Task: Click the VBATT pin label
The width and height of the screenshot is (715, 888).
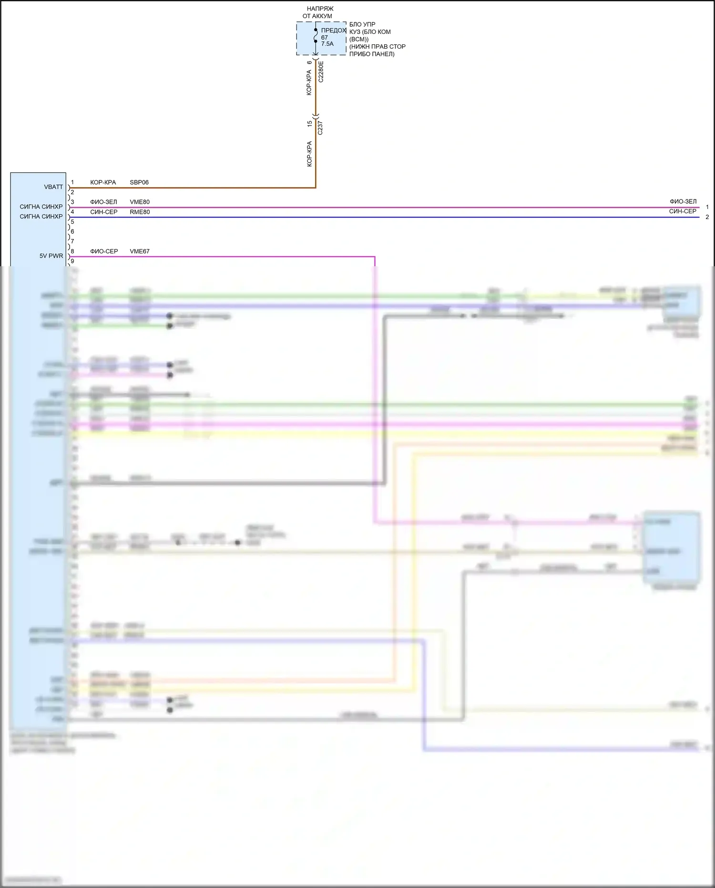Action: [53, 187]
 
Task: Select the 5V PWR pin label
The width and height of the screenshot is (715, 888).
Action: [51, 256]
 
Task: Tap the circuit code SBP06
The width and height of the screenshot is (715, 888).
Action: [139, 182]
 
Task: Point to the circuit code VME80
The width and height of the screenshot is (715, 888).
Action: [140, 202]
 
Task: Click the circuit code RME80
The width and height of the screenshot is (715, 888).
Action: [140, 212]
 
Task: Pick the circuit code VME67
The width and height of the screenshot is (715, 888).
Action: [140, 251]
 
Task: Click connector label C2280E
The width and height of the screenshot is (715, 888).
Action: [321, 72]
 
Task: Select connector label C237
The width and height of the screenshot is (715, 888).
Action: [320, 128]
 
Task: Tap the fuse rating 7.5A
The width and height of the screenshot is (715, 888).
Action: [327, 44]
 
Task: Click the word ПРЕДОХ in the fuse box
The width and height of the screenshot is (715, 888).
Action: [334, 30]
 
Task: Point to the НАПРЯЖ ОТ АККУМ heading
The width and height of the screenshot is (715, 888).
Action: [319, 12]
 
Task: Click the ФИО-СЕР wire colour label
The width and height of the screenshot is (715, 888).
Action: [104, 251]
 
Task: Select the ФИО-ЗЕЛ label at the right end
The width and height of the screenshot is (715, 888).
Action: [683, 201]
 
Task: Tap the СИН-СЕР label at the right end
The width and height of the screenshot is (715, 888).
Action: [683, 211]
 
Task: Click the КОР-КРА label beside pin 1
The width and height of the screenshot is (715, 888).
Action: [103, 182]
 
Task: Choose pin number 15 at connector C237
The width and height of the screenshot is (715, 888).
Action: [309, 124]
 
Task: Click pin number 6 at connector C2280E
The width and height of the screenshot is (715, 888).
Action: [309, 63]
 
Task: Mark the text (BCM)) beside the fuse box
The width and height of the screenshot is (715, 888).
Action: [359, 39]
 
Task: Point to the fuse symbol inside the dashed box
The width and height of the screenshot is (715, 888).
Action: [316, 36]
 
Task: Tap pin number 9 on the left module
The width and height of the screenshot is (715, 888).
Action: [72, 261]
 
